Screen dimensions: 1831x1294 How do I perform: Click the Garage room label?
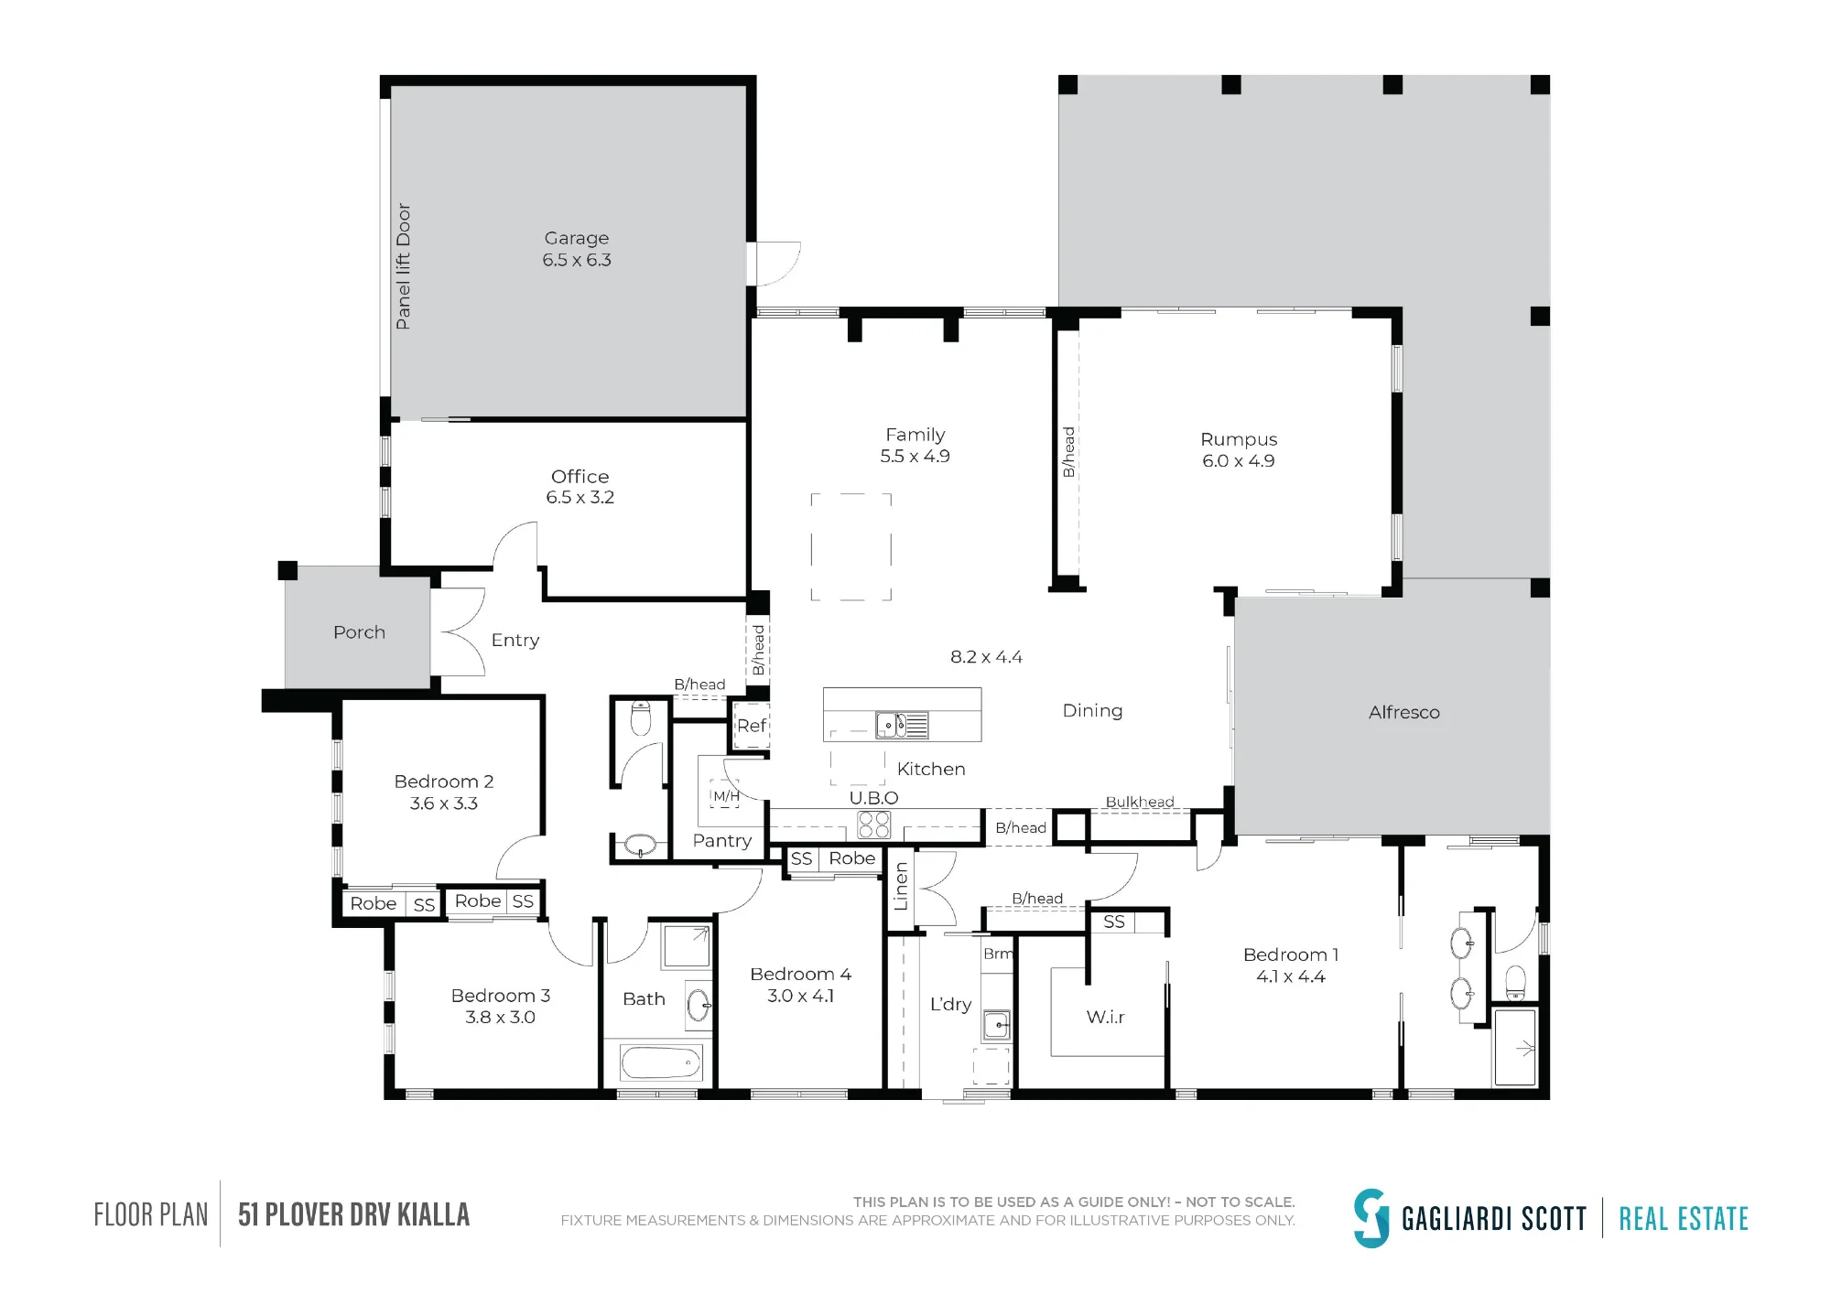(576, 238)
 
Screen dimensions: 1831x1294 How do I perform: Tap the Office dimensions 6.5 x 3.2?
(580, 497)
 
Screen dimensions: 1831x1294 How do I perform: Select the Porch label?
(359, 632)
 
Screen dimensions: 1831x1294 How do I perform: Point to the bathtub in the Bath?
(661, 1062)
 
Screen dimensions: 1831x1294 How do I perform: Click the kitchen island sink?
(902, 725)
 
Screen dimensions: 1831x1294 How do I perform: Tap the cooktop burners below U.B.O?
(873, 825)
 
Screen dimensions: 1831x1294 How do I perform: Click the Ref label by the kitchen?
(751, 726)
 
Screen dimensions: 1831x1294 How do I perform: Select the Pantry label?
(722, 841)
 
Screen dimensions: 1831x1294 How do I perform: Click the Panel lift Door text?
(403, 266)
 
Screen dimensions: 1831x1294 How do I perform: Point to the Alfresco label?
(1403, 712)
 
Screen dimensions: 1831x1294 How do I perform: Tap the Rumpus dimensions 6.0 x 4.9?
(1238, 460)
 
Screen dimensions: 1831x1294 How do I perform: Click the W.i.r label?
(1105, 1017)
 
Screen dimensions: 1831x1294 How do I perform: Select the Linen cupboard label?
(901, 886)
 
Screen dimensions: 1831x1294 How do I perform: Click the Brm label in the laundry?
(998, 954)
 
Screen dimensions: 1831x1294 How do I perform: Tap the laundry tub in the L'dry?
(997, 1025)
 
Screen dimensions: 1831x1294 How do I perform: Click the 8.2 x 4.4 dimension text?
(986, 657)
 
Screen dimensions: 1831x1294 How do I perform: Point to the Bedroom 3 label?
(500, 996)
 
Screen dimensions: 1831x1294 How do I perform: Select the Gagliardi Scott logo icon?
(1371, 1218)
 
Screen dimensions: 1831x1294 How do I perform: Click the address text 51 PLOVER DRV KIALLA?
(353, 1214)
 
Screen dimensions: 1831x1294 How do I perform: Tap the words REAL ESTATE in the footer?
(1684, 1219)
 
